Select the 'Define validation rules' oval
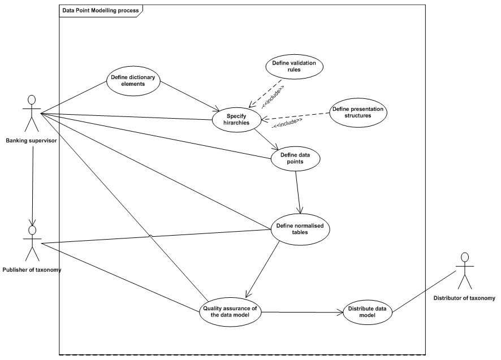click(294, 66)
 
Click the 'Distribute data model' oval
click(367, 312)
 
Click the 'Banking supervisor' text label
click(31, 140)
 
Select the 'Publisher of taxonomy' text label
click(32, 270)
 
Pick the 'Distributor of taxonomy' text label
click(464, 298)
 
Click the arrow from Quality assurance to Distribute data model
click(303, 311)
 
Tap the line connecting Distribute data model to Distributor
click(424, 292)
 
